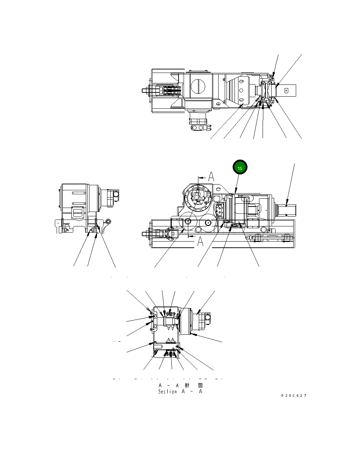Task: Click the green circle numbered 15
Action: [240, 168]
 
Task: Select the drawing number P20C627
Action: [294, 396]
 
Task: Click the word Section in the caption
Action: [167, 391]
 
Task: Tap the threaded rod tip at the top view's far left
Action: [144, 91]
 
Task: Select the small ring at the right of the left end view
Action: [109, 221]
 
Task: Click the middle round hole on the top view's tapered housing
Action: [241, 90]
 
